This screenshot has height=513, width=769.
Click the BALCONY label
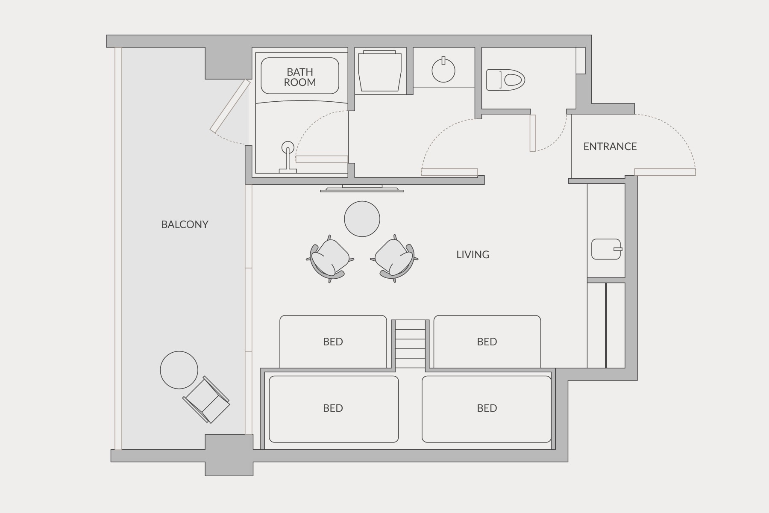coord(185,224)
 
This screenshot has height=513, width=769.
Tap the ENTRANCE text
coord(610,147)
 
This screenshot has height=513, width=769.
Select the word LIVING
coord(473,255)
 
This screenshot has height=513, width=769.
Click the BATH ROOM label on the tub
coord(300,77)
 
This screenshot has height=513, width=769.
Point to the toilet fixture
coord(505,80)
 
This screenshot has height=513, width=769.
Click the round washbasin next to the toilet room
coord(443,70)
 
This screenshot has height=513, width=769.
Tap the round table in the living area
coord(362,219)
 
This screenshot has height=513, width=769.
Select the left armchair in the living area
coord(330,259)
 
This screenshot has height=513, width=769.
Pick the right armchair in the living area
coord(394,259)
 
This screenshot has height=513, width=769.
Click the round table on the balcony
coord(179,370)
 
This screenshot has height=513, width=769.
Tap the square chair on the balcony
coord(206,400)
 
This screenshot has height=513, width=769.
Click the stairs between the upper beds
coord(410,344)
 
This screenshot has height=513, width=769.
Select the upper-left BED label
coord(333,342)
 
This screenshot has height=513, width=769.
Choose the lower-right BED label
coord(487,408)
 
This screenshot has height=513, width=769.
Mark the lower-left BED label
coord(333,408)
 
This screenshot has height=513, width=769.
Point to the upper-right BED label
coord(487,342)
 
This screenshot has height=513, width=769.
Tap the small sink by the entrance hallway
coord(606,249)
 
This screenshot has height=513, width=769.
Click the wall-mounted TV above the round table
coord(362,188)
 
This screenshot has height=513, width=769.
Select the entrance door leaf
coord(665,172)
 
